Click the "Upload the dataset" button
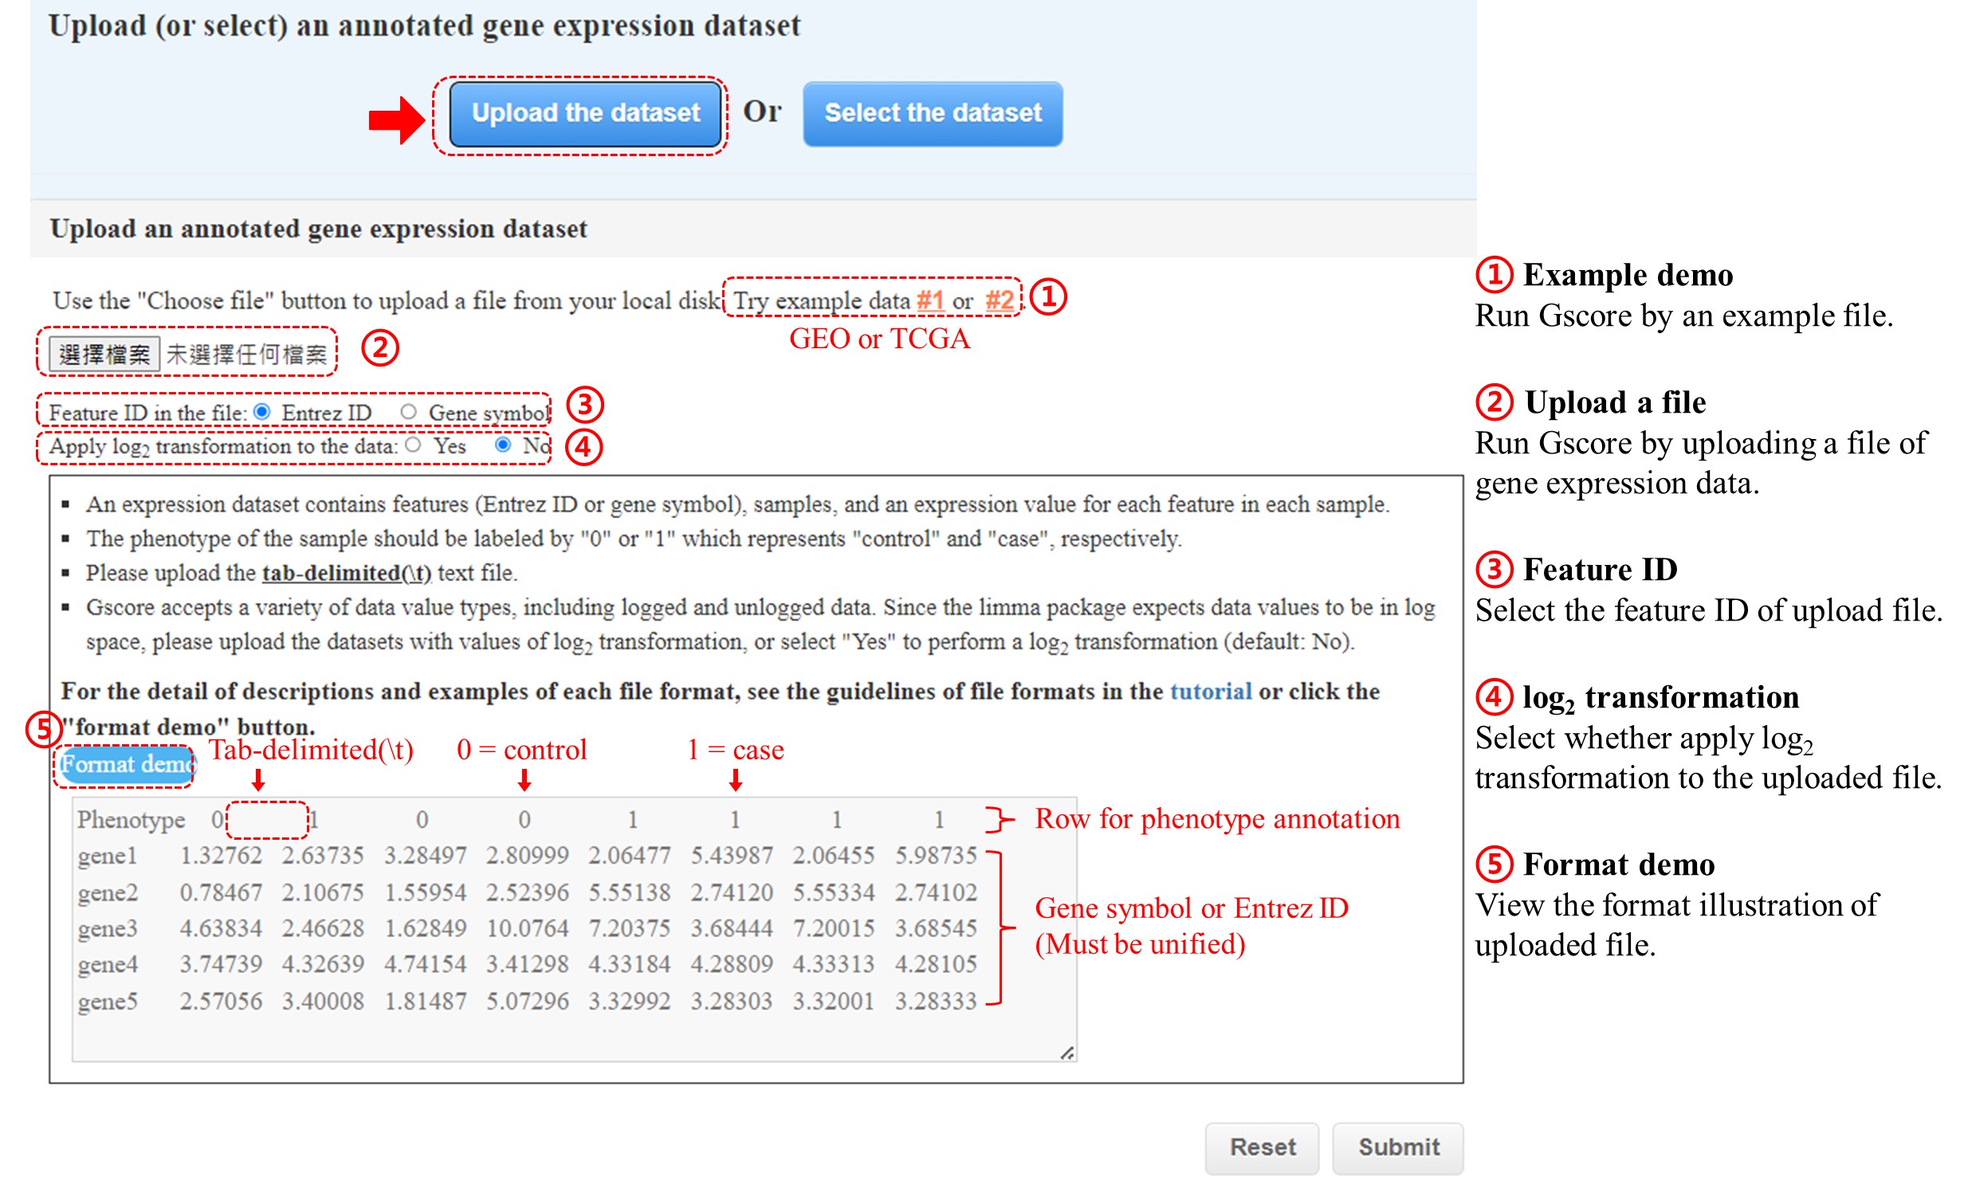(x=585, y=114)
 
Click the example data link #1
(x=930, y=300)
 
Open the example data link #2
(x=1000, y=300)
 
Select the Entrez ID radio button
(x=262, y=412)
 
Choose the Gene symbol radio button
(x=409, y=412)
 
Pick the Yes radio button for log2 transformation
(x=413, y=445)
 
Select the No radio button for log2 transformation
(x=503, y=445)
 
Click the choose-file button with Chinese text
(x=104, y=355)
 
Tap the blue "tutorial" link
(x=1211, y=691)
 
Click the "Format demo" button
(x=125, y=765)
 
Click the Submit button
(x=1398, y=1147)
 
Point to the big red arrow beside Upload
(x=397, y=120)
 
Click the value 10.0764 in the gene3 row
(x=528, y=928)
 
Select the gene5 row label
(x=108, y=1002)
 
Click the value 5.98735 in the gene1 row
(x=936, y=855)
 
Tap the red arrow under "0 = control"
(x=524, y=780)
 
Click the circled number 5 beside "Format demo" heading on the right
(x=1495, y=864)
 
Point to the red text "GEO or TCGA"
(x=879, y=339)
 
